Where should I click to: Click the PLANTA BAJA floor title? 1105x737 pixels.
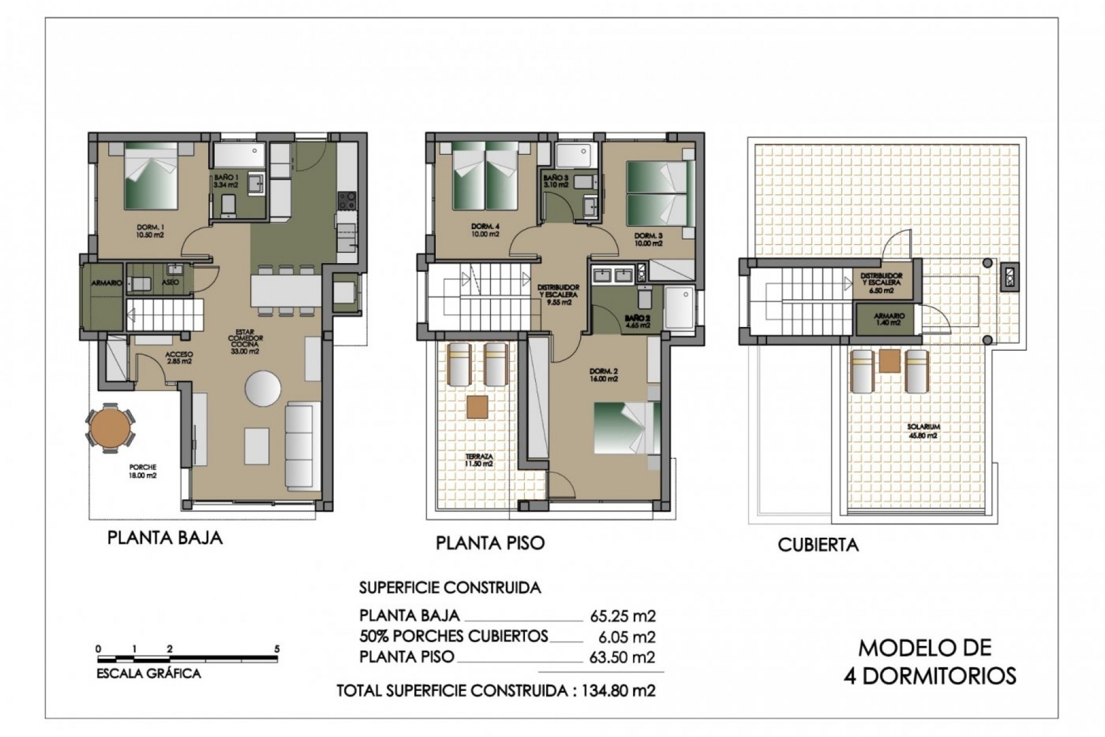click(165, 538)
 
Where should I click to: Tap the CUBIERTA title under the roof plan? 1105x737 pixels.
click(818, 545)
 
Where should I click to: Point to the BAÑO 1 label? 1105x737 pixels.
click(225, 181)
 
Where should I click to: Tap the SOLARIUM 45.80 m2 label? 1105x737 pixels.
click(923, 431)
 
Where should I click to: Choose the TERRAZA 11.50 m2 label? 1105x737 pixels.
click(479, 459)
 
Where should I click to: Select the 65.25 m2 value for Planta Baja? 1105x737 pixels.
click(623, 616)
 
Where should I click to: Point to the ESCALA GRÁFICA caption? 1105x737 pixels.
click(148, 674)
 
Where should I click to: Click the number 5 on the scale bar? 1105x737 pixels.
click(277, 649)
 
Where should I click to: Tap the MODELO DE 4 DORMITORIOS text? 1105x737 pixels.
click(929, 661)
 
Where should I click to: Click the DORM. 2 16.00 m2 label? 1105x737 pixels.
click(603, 375)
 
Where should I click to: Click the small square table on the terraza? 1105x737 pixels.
click(477, 407)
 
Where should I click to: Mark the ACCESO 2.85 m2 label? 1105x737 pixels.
click(178, 358)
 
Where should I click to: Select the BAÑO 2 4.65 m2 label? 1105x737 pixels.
click(638, 321)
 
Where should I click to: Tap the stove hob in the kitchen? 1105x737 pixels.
click(346, 200)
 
